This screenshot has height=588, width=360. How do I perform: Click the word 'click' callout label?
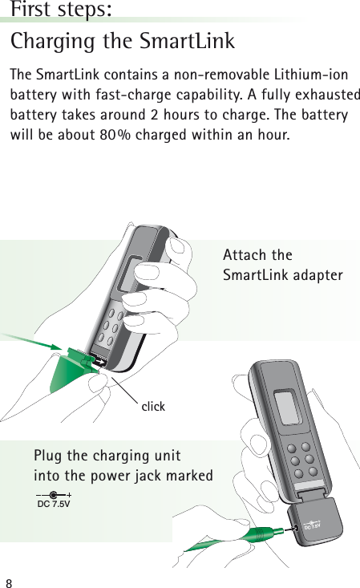(x=153, y=407)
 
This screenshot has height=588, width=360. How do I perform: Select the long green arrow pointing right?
(x=32, y=340)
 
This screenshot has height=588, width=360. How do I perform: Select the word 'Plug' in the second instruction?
(x=47, y=456)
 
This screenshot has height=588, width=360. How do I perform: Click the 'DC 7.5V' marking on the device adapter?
(x=313, y=525)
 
